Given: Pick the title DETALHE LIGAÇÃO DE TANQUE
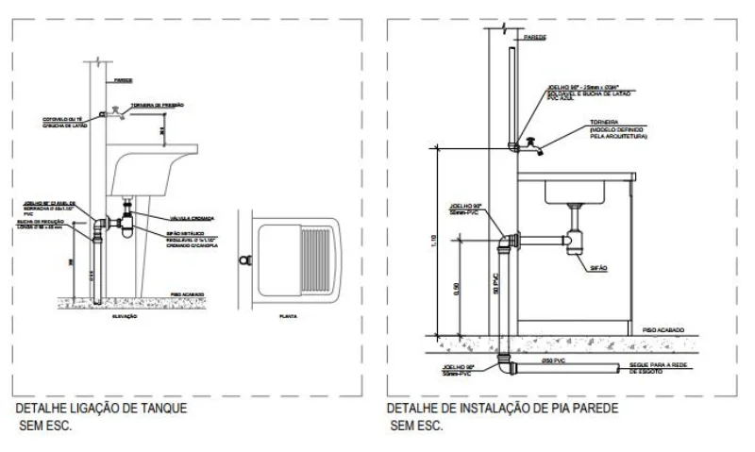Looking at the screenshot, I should (101, 409).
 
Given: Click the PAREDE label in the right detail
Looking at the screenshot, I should (535, 37).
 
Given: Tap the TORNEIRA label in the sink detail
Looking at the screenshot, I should (604, 123).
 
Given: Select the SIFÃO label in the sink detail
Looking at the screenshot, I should (598, 268).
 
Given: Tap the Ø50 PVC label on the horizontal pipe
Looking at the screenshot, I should (553, 360).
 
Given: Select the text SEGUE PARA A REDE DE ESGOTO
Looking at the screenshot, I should (650, 368).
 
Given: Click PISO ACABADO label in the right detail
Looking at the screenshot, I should (663, 329).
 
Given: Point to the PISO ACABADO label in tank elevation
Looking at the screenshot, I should (188, 295).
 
